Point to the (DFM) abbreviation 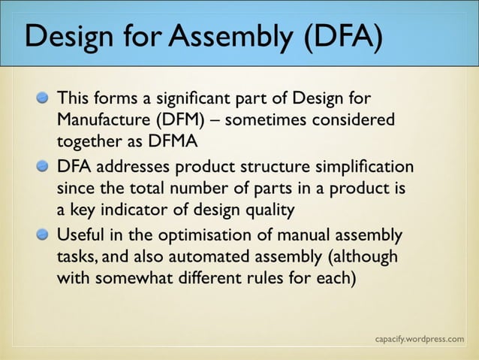tap(187, 119)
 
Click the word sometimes tap(283, 119)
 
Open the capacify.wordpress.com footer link tap(419, 339)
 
